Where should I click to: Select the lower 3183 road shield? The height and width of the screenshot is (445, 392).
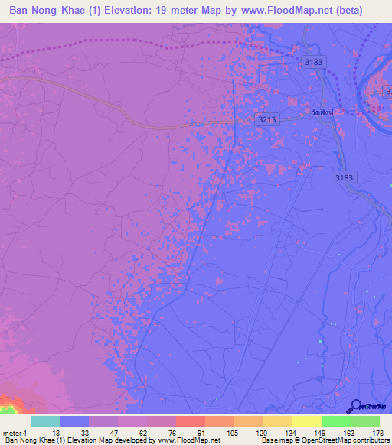(x=345, y=177)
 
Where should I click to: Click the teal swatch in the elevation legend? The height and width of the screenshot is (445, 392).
(x=45, y=421)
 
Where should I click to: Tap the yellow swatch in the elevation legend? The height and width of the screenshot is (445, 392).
(x=306, y=421)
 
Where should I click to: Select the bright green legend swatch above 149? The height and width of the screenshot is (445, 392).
(x=335, y=421)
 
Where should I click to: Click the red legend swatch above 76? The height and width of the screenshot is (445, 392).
(x=190, y=421)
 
